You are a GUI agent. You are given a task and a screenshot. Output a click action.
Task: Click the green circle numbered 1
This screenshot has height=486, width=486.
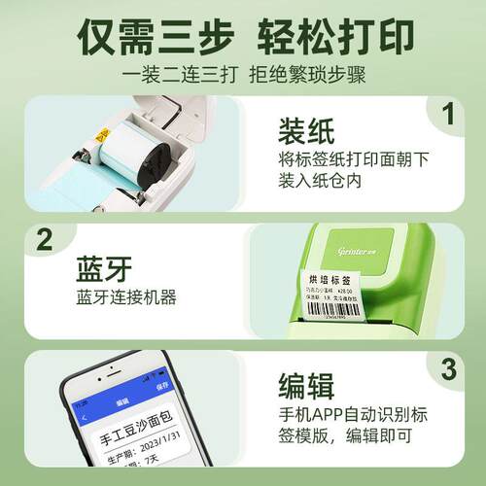(448, 116)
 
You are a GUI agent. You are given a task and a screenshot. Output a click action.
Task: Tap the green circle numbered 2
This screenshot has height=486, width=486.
(42, 240)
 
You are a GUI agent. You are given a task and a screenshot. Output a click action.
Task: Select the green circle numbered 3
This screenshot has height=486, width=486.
(448, 369)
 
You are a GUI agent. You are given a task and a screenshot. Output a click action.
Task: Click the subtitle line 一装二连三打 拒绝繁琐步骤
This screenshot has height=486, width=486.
(243, 74)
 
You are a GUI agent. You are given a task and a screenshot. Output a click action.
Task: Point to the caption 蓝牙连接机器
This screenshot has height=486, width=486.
(125, 297)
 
